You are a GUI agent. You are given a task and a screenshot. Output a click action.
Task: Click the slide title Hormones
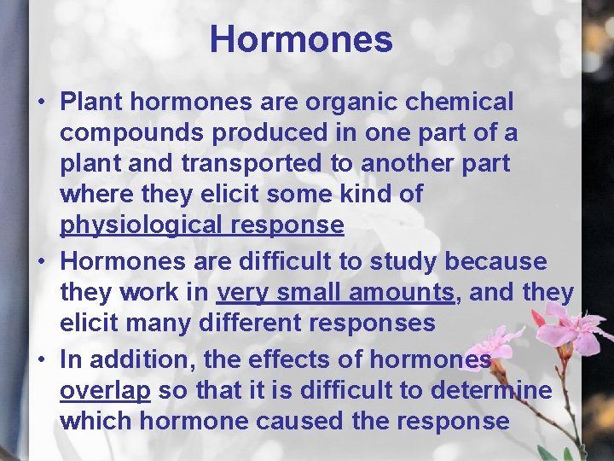point(301,39)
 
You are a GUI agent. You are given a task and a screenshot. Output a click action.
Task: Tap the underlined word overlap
point(105,391)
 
